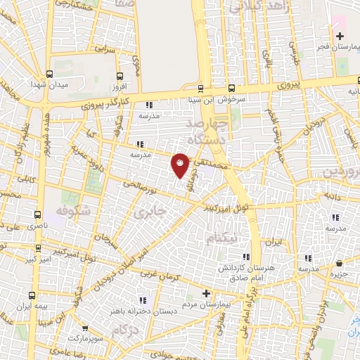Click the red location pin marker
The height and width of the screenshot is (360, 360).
180,165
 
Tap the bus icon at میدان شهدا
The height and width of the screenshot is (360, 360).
49,74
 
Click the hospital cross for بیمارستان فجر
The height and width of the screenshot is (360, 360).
339,37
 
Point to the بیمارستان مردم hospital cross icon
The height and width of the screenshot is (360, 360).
206,292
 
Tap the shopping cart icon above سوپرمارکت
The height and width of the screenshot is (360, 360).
86,328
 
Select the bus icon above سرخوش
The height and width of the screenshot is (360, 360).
201,89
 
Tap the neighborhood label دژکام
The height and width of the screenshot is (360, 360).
124,329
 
